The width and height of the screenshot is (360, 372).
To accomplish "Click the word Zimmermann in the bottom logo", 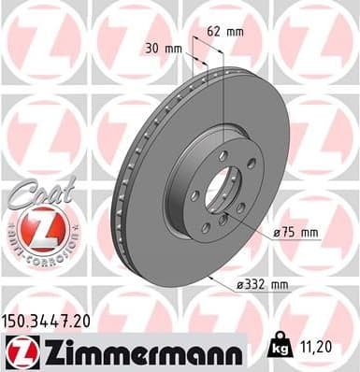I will (137, 352).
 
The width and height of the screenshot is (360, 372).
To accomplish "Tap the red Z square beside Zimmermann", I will (19, 352).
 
